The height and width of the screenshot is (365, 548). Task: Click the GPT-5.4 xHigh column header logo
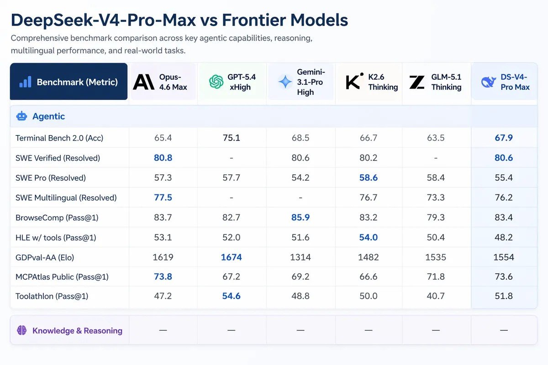click(216, 82)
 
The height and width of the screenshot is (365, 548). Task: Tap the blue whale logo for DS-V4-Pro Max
click(488, 82)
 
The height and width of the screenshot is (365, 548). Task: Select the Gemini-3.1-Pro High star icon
click(285, 82)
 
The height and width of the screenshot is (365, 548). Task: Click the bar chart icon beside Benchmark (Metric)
click(25, 82)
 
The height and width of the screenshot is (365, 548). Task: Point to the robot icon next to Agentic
click(21, 116)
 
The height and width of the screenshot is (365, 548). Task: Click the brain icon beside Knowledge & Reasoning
click(21, 330)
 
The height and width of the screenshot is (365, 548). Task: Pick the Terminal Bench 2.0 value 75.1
click(232, 138)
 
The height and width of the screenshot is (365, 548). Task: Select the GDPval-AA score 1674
click(232, 257)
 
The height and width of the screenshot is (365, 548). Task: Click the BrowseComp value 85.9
click(300, 218)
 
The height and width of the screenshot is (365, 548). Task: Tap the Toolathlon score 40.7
click(436, 296)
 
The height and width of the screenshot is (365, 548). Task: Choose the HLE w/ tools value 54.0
click(369, 238)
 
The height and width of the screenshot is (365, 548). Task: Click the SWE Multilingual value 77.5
click(163, 198)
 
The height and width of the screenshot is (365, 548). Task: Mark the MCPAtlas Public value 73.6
click(504, 277)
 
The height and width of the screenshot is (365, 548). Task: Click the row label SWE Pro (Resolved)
click(51, 178)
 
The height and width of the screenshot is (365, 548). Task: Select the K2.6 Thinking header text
click(383, 82)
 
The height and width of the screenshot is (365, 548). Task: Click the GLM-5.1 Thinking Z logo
click(417, 82)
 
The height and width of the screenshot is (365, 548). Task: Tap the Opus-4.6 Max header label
click(173, 82)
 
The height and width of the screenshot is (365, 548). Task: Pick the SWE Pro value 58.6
click(369, 178)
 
